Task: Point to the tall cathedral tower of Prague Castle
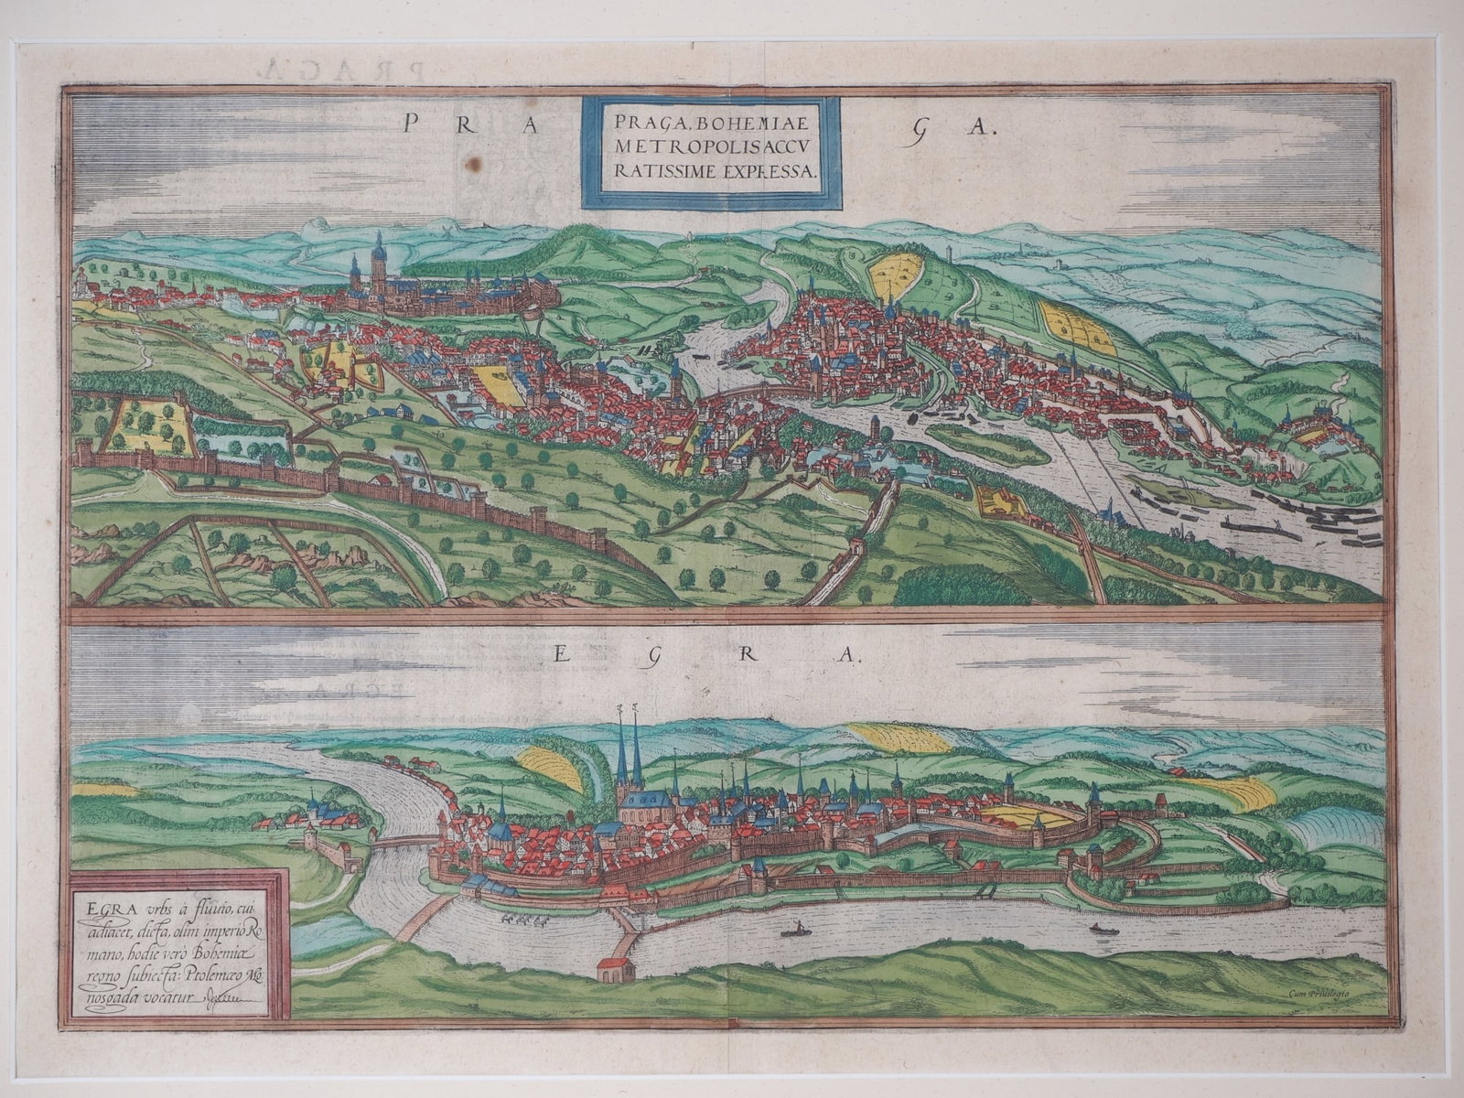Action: pos(378,258)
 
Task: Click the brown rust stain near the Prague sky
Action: pos(474,163)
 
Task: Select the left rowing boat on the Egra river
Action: pos(795,931)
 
